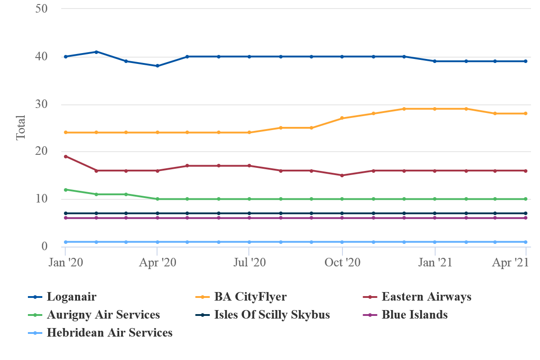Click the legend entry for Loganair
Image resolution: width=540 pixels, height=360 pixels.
72,297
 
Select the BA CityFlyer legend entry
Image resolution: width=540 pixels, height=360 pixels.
250,297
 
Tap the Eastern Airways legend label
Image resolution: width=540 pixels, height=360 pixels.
426,297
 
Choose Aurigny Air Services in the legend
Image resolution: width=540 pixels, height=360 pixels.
103,315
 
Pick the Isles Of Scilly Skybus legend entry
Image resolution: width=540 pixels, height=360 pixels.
272,315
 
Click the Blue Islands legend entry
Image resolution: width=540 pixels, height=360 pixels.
414,315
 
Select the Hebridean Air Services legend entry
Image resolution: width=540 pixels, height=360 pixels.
109,333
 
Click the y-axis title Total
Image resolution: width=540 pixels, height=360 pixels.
21,128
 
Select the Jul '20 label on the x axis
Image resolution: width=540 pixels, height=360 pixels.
249,263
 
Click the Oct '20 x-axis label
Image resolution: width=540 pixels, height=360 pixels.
342,263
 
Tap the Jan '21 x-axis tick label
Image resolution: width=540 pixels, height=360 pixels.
435,263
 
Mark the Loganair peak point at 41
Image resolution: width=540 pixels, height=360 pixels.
96,52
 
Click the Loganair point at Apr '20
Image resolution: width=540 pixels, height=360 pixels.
157,66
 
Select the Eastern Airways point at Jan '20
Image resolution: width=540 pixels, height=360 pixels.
66,157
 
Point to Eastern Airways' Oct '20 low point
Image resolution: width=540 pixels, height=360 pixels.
342,175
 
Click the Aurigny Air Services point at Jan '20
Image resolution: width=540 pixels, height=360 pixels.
66,189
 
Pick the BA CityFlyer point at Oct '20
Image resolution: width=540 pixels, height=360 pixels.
342,118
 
